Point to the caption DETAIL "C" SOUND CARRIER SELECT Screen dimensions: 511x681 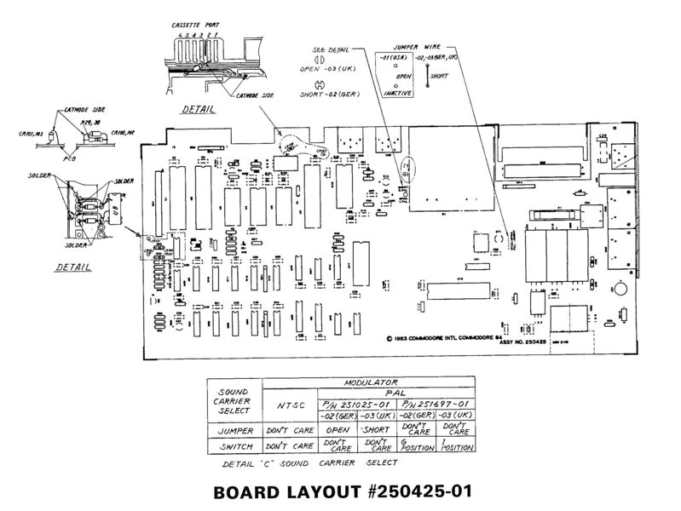pyautogui.click(x=309, y=463)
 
